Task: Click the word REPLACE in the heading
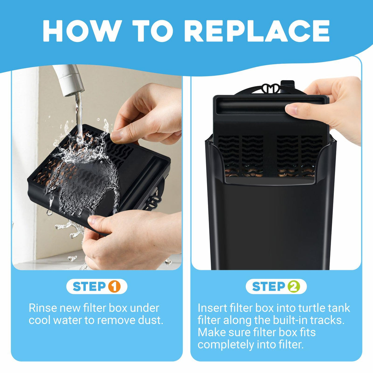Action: [x=257, y=31]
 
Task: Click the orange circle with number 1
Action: [x=114, y=287]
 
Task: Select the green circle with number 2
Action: [x=294, y=287]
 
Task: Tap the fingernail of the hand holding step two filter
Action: [x=291, y=109]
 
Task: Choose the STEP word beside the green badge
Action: [x=269, y=287]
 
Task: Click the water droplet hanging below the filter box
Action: [x=49, y=212]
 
